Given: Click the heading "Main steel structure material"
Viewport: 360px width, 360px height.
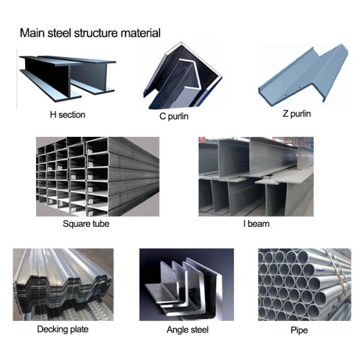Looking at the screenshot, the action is click(90, 32).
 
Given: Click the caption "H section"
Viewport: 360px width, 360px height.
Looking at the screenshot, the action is click(67, 115).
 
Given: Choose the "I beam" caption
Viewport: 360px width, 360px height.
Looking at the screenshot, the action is click(256, 224).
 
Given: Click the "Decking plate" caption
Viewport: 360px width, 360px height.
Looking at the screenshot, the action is click(62, 329).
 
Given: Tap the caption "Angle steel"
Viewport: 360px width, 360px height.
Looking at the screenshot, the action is click(187, 329).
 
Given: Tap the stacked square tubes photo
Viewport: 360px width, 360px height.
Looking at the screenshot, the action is click(97, 176).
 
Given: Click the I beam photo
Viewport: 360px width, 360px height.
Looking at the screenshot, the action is click(256, 176).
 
